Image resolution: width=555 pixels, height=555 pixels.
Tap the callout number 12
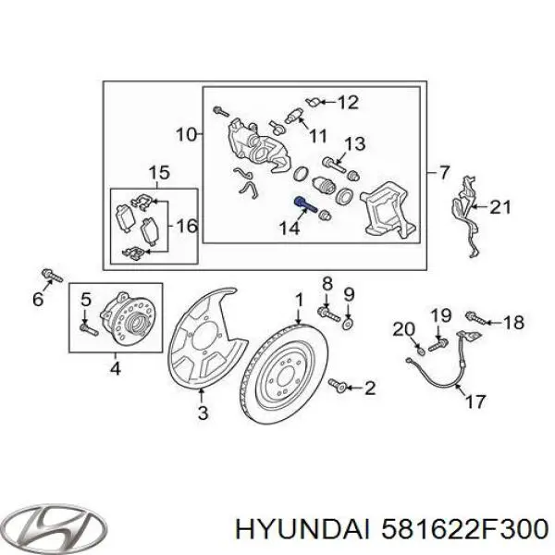(347, 103)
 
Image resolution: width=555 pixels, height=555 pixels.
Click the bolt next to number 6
(49, 276)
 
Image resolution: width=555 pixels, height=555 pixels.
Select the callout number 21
(499, 207)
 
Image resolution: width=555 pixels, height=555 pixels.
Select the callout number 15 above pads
(158, 173)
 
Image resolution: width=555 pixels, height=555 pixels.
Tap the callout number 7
(444, 172)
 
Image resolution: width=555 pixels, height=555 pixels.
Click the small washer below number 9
(349, 324)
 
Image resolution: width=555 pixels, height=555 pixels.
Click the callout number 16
(186, 225)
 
